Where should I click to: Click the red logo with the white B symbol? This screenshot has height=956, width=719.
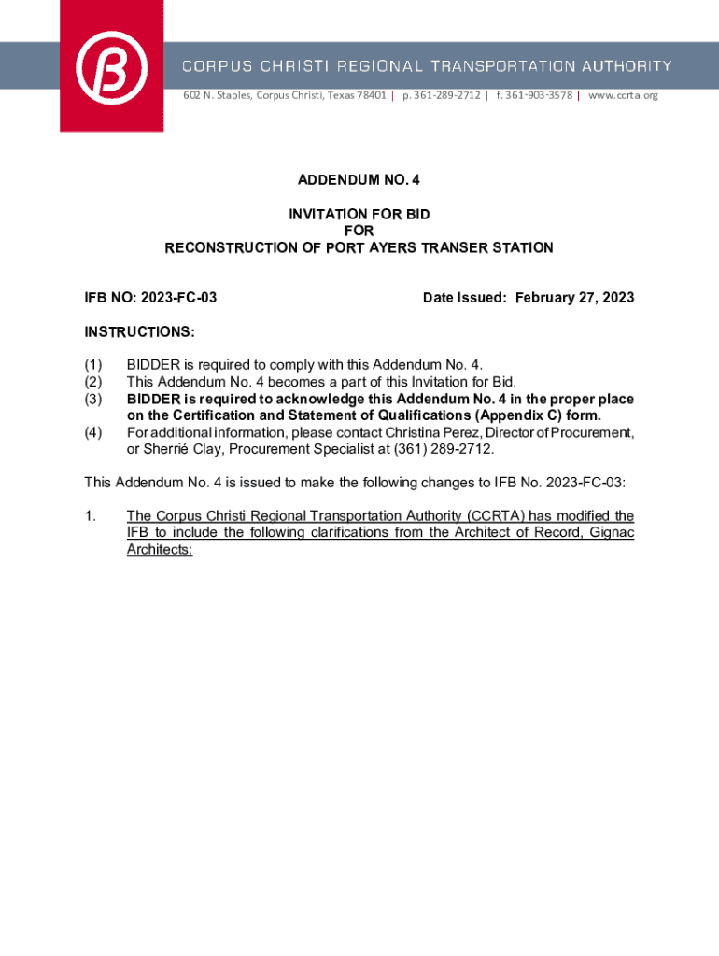click(x=112, y=67)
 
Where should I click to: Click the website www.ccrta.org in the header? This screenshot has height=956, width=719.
click(x=623, y=95)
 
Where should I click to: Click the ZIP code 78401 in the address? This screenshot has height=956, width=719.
click(x=370, y=95)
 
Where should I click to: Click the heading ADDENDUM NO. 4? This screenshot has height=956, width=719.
click(x=359, y=178)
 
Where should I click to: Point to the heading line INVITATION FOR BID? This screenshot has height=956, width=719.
click(x=359, y=215)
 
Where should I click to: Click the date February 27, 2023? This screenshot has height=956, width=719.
click(x=574, y=298)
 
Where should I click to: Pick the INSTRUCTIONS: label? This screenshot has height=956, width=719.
click(x=140, y=331)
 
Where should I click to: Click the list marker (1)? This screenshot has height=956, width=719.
click(x=92, y=365)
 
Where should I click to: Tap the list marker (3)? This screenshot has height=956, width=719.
click(x=92, y=399)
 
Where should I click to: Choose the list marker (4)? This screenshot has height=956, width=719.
click(x=92, y=432)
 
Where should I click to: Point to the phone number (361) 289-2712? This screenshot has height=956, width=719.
click(x=445, y=449)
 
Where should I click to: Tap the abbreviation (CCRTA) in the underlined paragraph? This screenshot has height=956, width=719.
click(x=495, y=516)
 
